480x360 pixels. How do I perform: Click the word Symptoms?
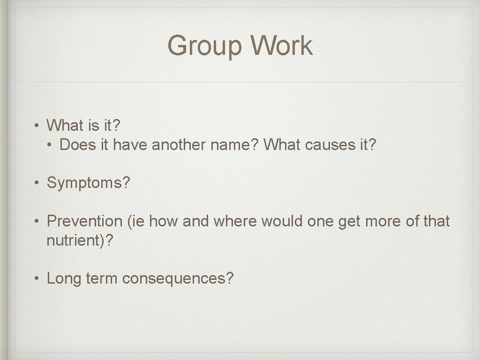click(89, 183)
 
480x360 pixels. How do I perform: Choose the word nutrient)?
click(80, 240)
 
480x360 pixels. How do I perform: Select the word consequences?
click(178, 278)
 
